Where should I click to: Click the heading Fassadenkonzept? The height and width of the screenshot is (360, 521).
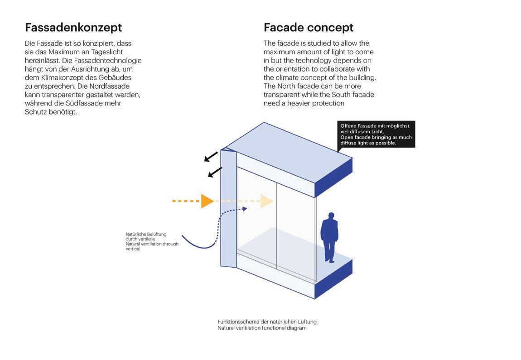pyautogui.click(x=73, y=28)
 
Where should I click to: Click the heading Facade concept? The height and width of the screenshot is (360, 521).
pyautogui.click(x=309, y=28)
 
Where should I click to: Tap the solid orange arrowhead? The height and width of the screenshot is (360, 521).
pyautogui.click(x=207, y=201)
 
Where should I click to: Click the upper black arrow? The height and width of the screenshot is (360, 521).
pyautogui.click(x=211, y=156)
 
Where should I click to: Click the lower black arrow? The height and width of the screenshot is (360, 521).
pyautogui.click(x=215, y=172)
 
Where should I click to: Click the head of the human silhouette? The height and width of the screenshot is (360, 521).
pyautogui.click(x=331, y=216)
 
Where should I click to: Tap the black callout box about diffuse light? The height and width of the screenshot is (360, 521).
pyautogui.click(x=376, y=134)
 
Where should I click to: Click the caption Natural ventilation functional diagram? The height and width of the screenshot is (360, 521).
pyautogui.click(x=262, y=328)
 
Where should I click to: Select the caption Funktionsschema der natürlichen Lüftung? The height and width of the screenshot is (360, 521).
pyautogui.click(x=267, y=322)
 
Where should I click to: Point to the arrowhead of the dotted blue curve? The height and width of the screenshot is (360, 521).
pyautogui.click(x=245, y=209)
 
